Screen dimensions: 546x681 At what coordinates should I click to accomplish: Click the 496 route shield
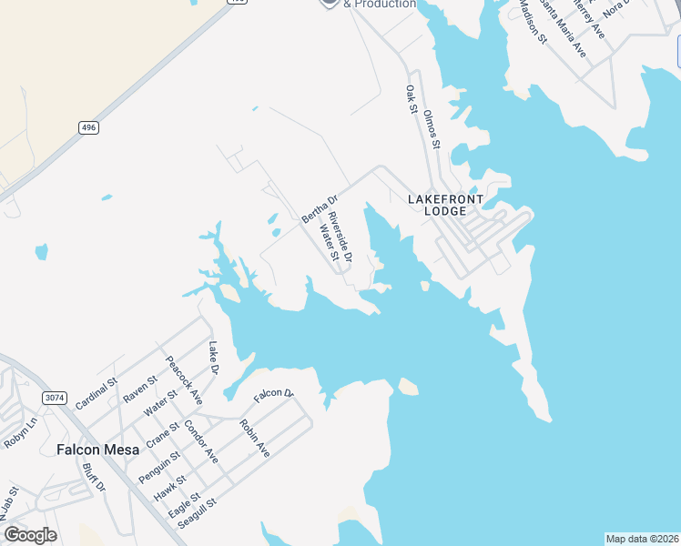87,128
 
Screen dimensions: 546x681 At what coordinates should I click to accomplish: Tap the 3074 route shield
54,398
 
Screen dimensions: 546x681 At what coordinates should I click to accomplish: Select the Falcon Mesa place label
97,450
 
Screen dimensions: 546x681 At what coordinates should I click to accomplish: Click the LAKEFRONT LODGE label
445,205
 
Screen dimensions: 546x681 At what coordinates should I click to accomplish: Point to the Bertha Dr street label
320,209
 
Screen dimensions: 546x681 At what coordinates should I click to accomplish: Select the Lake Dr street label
214,358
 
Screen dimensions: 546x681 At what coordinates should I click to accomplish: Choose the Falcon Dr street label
273,394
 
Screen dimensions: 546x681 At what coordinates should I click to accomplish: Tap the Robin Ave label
255,438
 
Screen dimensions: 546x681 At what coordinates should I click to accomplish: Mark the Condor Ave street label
201,440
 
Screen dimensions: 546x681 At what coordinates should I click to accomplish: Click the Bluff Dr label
95,479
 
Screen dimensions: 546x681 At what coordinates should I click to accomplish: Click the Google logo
30,535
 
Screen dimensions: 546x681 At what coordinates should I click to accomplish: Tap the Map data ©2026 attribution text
642,539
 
